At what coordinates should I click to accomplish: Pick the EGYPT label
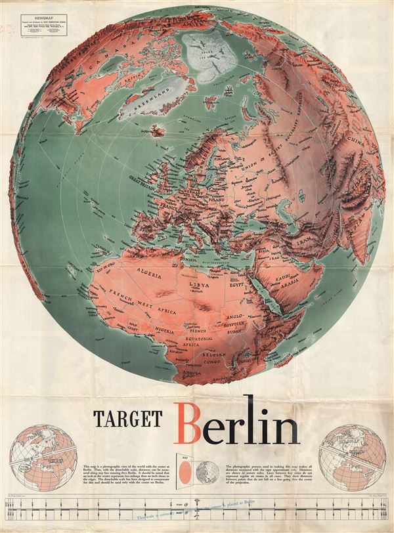(234, 286)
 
